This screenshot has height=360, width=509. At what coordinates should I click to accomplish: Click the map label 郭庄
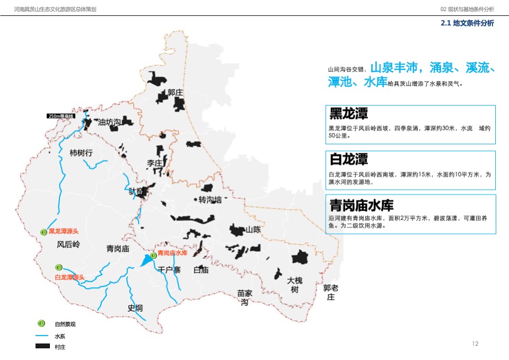coord(175,93)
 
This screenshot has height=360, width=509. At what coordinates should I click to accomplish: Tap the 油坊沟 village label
coord(109,122)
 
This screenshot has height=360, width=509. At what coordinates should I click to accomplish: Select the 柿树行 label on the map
coord(81,153)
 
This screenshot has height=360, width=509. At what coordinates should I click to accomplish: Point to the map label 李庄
coord(154,163)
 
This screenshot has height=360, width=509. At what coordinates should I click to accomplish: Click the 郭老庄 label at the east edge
coord(330,292)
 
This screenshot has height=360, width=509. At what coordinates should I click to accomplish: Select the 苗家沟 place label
coord(244,297)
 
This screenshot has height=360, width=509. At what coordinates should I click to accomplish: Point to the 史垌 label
coord(135,308)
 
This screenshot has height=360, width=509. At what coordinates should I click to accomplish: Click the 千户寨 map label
coord(169,269)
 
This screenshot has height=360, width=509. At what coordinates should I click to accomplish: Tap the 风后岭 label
coord(68,244)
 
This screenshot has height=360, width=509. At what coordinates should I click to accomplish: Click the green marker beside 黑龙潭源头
coord(44,231)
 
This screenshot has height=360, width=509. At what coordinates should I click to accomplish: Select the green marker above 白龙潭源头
coord(59,267)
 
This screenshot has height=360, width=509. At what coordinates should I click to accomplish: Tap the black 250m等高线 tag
coord(62,116)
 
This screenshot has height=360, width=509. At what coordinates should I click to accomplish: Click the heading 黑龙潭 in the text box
coord(348,113)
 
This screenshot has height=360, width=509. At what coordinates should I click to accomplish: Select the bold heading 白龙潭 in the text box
coord(348,159)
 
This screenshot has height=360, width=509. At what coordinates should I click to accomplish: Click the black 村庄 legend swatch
coord(42,346)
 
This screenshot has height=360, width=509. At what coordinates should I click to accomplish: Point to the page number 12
coord(475,344)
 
